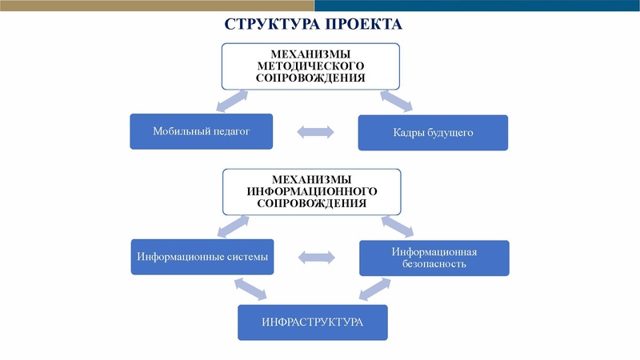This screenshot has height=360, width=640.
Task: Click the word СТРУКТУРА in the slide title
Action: (x=269, y=24)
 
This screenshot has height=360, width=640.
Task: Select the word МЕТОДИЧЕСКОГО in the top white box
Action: (x=310, y=66)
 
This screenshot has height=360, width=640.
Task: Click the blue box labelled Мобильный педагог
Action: (x=201, y=131)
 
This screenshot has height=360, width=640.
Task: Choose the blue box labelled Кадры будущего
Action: (x=433, y=133)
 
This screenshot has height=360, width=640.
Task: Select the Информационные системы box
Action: (x=202, y=257)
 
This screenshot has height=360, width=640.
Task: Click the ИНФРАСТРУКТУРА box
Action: (x=312, y=322)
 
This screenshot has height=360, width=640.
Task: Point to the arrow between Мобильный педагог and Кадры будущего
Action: (x=315, y=132)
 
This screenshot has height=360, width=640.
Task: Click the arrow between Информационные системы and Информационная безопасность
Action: (x=316, y=258)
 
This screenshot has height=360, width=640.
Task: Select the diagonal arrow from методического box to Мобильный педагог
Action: (x=232, y=102)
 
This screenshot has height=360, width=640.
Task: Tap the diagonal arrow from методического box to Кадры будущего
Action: (x=396, y=101)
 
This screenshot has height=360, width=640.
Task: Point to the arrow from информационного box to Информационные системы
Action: (x=231, y=227)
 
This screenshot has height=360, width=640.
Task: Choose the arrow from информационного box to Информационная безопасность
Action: (x=397, y=226)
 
